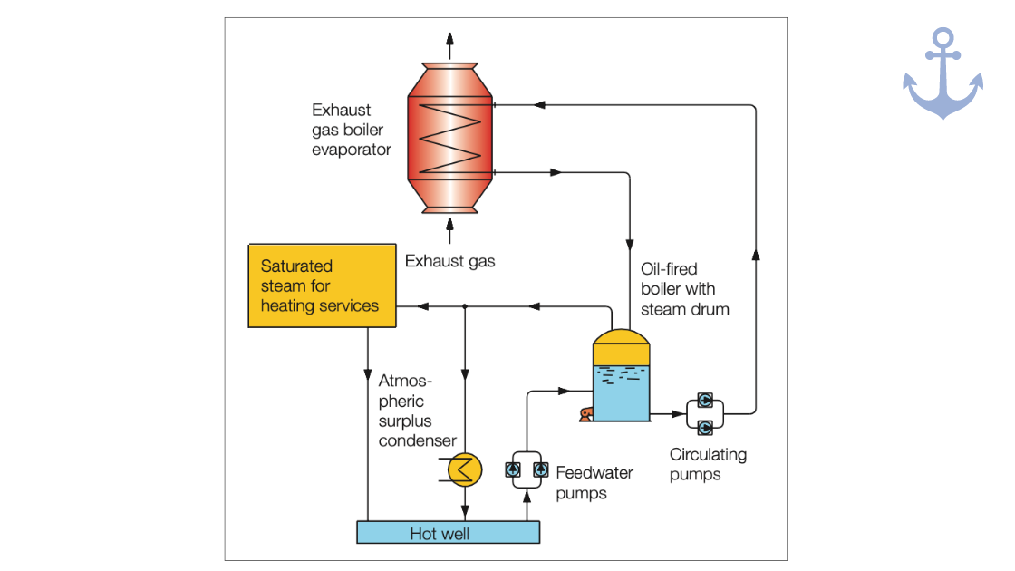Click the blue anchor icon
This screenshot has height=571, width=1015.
942,74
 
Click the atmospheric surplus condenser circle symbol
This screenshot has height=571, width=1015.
466,469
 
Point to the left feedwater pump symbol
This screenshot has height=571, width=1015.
513,469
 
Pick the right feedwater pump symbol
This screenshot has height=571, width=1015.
541,469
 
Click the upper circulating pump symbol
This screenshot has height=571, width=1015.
704,401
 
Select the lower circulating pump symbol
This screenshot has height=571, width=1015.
704,426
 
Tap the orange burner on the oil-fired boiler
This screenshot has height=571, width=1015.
586,414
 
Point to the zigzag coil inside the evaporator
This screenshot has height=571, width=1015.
449,138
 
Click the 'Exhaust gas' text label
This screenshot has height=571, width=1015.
450,261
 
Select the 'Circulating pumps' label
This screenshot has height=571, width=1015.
708,464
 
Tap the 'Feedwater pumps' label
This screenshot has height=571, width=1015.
594,482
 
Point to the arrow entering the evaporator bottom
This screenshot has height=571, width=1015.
449,227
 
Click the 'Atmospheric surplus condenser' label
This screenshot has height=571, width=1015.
418,411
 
